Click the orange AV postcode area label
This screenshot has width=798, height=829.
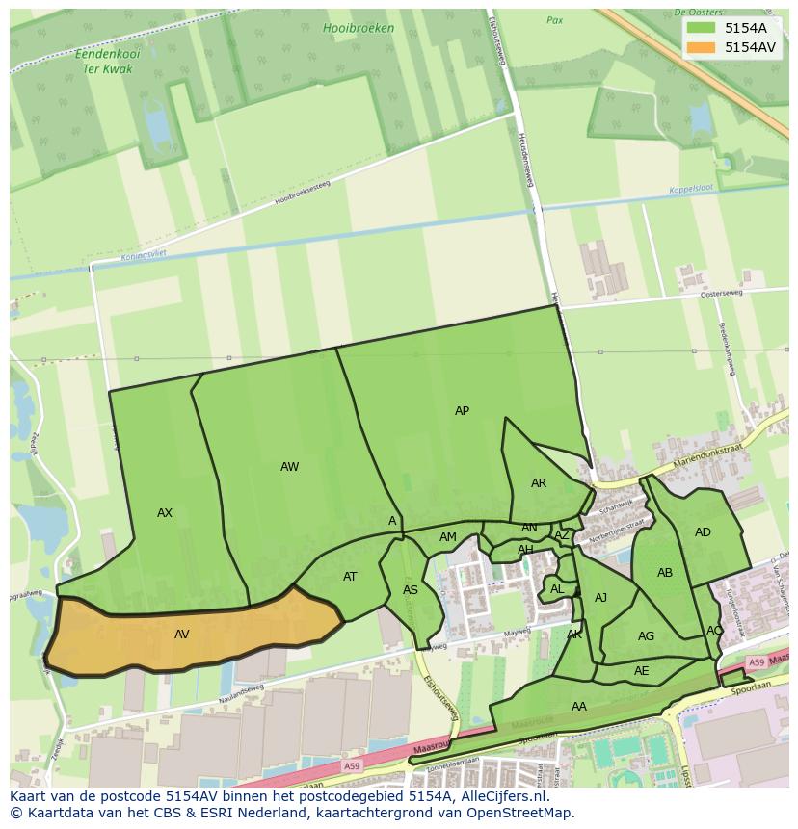(x=182, y=635)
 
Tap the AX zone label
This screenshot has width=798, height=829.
(x=165, y=513)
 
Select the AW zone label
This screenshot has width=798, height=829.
(x=289, y=467)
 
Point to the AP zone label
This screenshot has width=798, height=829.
(x=462, y=411)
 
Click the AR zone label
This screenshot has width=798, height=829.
(x=539, y=483)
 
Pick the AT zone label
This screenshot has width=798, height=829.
(x=350, y=577)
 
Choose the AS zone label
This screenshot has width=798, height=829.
(x=411, y=590)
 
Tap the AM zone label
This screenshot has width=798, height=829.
(x=448, y=537)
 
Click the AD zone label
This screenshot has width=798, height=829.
(x=703, y=532)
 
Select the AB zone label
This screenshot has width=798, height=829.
(x=665, y=573)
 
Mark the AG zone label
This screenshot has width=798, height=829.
(x=646, y=636)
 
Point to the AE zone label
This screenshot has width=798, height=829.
(x=642, y=671)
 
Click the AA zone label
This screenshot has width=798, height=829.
(x=578, y=707)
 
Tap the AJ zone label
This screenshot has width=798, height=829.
(x=600, y=598)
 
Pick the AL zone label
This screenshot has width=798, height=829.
(x=557, y=589)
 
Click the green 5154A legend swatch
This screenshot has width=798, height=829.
(x=701, y=28)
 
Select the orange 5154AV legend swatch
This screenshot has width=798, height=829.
(x=701, y=46)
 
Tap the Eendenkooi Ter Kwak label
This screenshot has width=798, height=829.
(x=107, y=62)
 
